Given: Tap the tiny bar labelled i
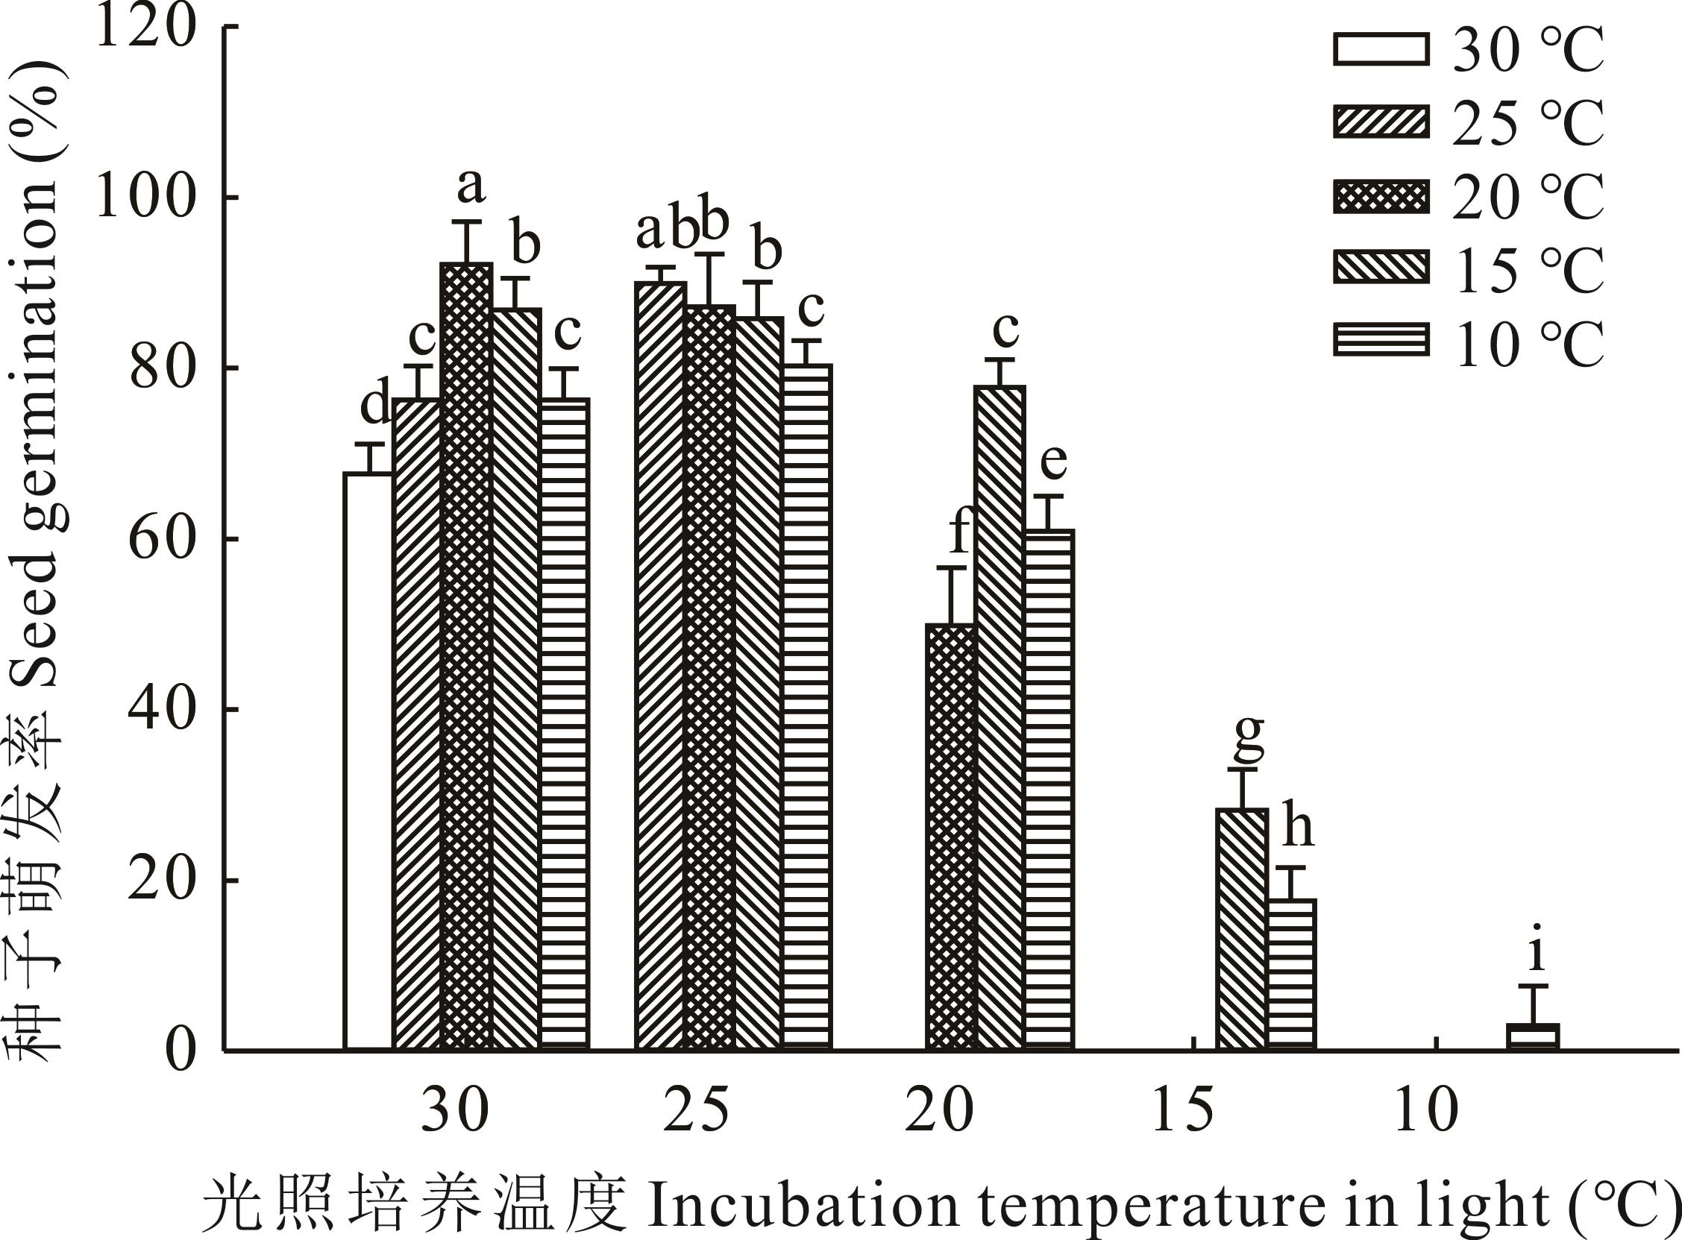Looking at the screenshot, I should (1533, 1036).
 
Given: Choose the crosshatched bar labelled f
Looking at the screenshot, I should (951, 836).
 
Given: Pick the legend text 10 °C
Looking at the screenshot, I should (1529, 346).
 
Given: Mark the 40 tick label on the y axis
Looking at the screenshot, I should (154, 709).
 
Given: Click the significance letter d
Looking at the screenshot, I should (375, 407).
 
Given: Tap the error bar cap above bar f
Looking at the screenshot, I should (951, 567).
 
